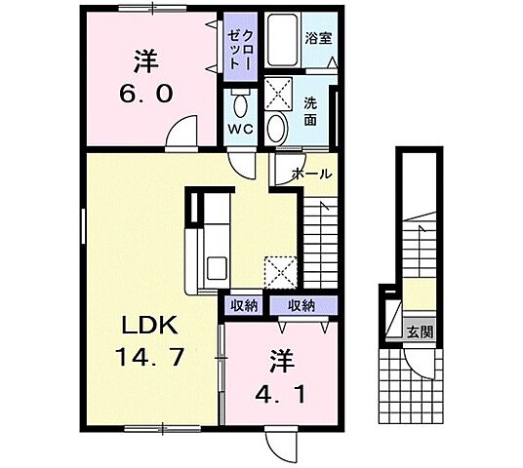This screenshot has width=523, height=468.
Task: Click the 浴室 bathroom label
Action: click(317, 39)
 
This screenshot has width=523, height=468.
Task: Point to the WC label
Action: click(240, 128)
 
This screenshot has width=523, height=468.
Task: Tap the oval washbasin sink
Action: click(278, 127)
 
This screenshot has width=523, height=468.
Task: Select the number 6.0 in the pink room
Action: click(147, 94)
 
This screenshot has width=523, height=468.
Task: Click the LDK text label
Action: click(144, 326)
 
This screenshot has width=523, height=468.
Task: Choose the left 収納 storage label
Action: click(244, 305)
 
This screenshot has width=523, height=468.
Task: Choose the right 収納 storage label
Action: click(301, 305)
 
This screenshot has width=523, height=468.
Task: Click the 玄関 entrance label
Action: click(420, 331)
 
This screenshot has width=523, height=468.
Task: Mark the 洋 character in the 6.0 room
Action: click(146, 59)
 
